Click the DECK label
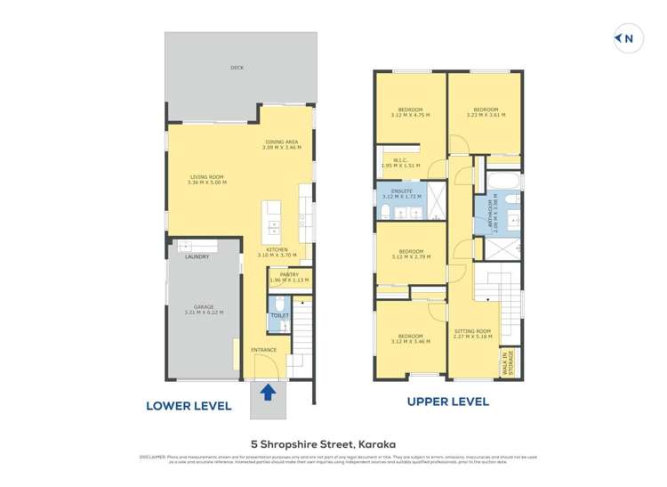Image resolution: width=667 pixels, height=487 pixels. (x=237, y=68)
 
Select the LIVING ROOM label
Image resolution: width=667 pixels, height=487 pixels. (x=207, y=179)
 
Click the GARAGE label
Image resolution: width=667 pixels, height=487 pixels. (x=204, y=310)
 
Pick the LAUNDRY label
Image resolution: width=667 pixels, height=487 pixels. (x=197, y=257)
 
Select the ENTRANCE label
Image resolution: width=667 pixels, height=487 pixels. (x=263, y=350)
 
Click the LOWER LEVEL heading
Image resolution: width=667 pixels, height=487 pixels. (x=189, y=406)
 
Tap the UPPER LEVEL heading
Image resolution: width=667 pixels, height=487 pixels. (x=447, y=402)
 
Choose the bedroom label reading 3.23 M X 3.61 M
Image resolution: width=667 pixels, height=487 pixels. (x=485, y=112)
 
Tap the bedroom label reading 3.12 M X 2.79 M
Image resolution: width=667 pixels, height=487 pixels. (x=409, y=254)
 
